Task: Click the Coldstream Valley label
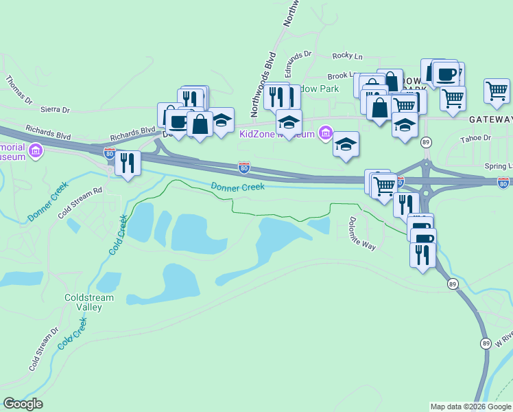pyautogui.click(x=83, y=302)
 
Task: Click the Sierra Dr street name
pyautogui.click(x=56, y=110)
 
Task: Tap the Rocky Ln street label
pyautogui.click(x=347, y=56)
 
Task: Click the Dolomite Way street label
pyautogui.click(x=361, y=233)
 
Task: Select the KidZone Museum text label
pyautogui.click(x=276, y=133)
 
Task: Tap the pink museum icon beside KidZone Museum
pyautogui.click(x=325, y=133)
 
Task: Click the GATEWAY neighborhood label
pyautogui.click(x=490, y=119)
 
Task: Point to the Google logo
pyautogui.click(x=23, y=404)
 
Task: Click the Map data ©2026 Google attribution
pyautogui.click(x=470, y=407)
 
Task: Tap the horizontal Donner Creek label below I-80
pyautogui.click(x=237, y=187)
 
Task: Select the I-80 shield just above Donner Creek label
pyautogui.click(x=243, y=167)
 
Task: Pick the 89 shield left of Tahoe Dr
pyautogui.click(x=427, y=141)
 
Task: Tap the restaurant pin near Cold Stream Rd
pyautogui.click(x=127, y=163)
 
